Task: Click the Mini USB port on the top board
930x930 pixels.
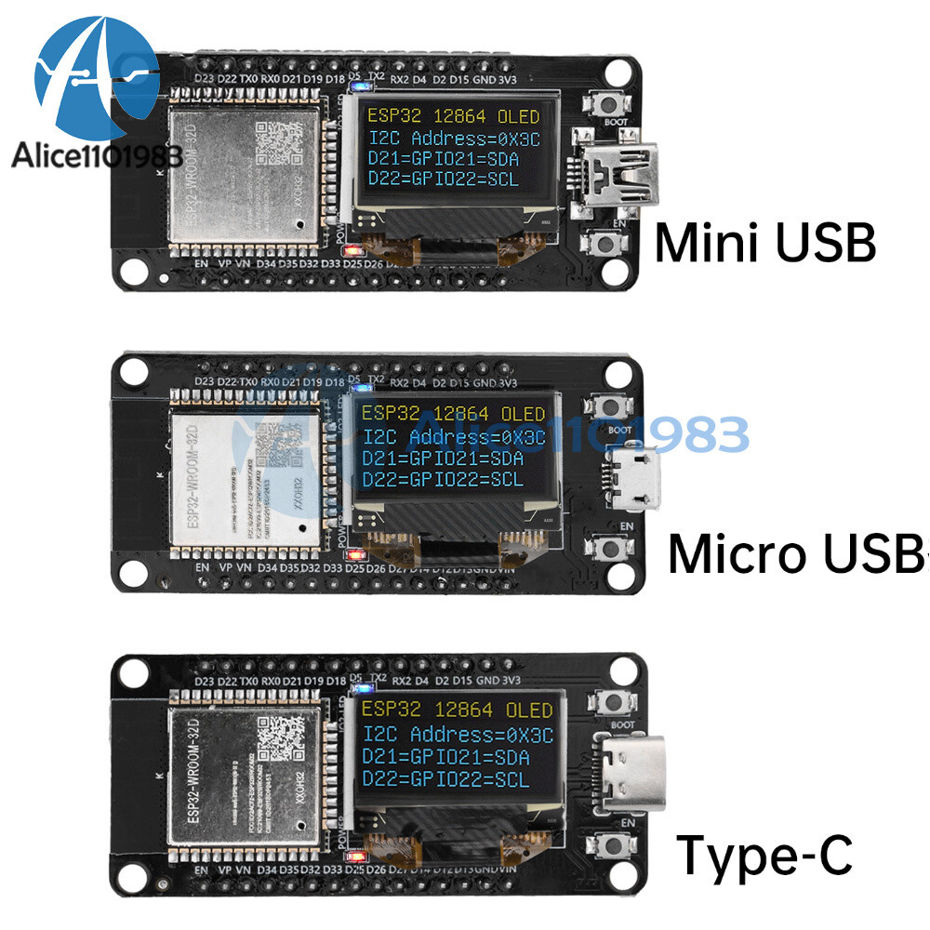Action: (x=623, y=175)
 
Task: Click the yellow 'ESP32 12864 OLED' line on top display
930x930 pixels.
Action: (x=453, y=117)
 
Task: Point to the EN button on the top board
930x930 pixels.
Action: (x=610, y=244)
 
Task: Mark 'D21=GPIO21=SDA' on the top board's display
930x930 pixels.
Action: (x=444, y=158)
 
